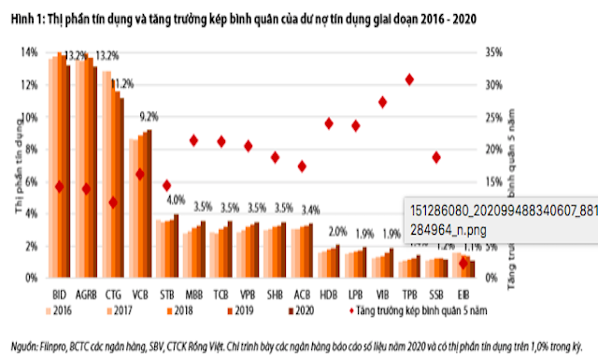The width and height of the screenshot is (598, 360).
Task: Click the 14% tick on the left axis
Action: click(31, 52)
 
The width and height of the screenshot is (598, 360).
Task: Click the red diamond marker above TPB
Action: click(409, 80)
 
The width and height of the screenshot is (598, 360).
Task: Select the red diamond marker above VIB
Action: click(382, 102)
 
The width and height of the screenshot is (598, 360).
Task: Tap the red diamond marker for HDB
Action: click(328, 123)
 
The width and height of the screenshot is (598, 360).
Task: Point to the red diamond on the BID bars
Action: click(59, 187)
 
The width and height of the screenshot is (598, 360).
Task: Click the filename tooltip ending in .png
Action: click(494, 217)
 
